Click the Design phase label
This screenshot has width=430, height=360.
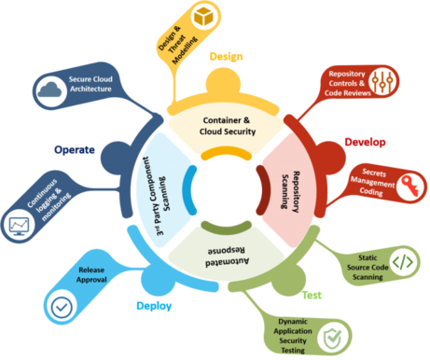click(227, 57)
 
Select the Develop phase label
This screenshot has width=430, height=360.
click(365, 141)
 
